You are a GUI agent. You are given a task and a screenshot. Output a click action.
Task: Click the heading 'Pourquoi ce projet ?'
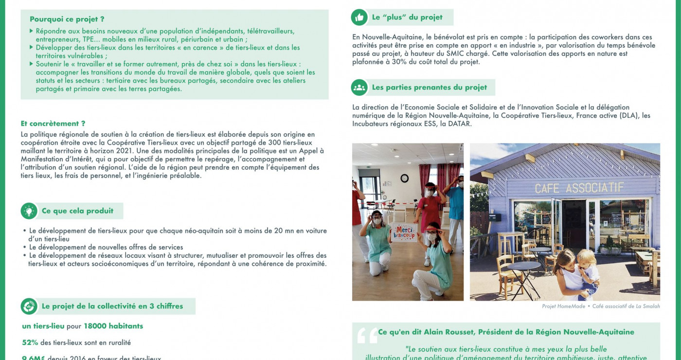tap(67, 19)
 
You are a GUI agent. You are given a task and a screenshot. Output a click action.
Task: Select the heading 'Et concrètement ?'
tap(53, 124)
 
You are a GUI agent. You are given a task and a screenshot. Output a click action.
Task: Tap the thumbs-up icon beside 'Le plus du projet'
tap(359, 18)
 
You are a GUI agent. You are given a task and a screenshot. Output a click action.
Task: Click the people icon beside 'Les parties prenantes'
tap(359, 88)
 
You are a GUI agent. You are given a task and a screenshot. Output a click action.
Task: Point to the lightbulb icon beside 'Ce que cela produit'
tap(29, 211)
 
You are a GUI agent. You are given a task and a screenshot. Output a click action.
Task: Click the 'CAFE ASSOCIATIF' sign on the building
tap(579, 188)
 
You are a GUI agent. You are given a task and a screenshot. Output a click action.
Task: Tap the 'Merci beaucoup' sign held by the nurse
tap(404, 232)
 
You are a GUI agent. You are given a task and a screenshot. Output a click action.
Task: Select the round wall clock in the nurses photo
tap(404, 178)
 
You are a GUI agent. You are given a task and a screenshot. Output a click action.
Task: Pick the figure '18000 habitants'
tap(113, 326)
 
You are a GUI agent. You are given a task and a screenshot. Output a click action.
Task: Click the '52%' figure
tap(30, 342)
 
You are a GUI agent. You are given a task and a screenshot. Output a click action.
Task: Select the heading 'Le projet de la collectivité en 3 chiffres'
tap(112, 306)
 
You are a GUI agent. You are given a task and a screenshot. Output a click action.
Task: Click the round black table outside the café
tap(524, 267)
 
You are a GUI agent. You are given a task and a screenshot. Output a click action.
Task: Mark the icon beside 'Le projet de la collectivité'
tap(29, 306)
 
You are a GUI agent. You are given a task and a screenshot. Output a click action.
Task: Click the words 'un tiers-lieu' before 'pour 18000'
tap(43, 326)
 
